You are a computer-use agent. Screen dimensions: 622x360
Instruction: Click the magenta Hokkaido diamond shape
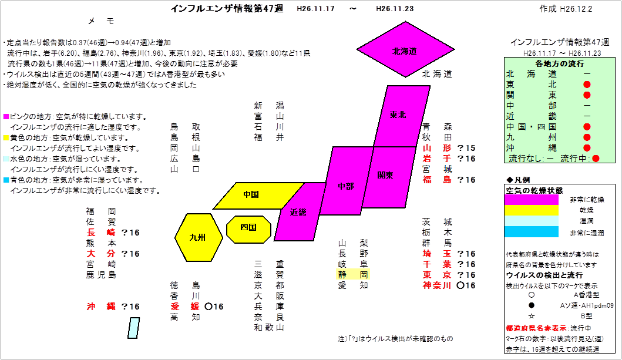tap(405, 49)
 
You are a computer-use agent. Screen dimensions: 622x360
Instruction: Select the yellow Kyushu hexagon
tap(199, 237)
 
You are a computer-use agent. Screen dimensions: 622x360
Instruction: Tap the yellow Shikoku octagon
tap(248, 229)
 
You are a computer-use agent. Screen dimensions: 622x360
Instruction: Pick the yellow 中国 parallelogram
tap(258, 196)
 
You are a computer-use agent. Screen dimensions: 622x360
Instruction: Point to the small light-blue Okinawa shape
tap(134, 328)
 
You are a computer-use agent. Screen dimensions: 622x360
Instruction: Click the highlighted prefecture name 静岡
tap(353, 275)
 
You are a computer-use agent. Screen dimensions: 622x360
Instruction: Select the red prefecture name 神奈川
tap(437, 285)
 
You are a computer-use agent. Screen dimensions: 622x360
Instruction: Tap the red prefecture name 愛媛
tap(185, 307)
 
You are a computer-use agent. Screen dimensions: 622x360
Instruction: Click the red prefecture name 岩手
tap(437, 159)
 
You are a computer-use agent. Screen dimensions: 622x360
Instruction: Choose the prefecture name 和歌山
tap(270, 328)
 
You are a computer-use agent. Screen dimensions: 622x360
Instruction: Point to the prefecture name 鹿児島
tap(101, 275)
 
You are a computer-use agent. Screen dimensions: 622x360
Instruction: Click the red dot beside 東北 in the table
tap(587, 85)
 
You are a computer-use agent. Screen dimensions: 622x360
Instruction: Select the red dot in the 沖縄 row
tap(587, 148)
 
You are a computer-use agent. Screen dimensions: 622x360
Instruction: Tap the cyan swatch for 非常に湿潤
tap(532, 232)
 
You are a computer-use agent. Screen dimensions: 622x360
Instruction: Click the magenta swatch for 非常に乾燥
tap(532, 200)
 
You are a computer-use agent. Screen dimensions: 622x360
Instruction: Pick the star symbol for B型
tap(532, 316)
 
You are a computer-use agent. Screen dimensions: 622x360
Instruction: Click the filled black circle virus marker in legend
tap(532, 305)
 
